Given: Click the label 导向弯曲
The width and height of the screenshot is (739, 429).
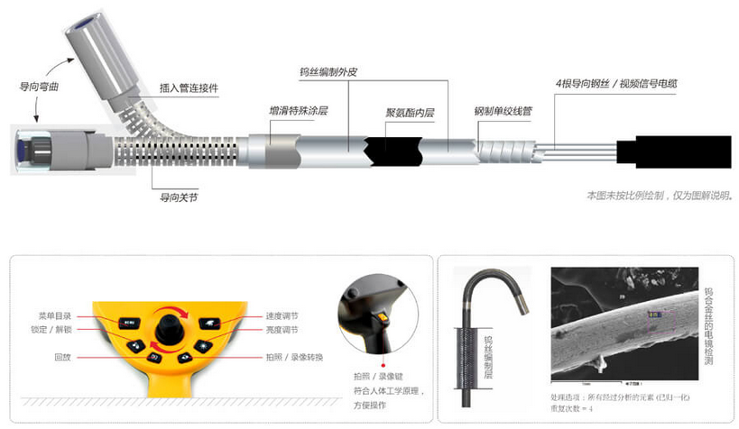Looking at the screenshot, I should point(39,87).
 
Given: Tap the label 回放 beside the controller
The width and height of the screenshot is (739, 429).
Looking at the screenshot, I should point(64,359).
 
